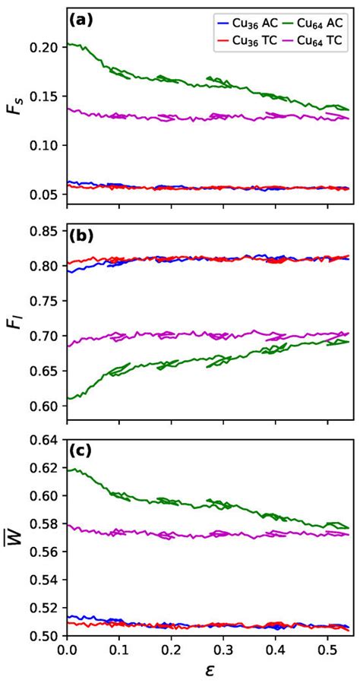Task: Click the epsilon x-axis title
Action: pos(210,672)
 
